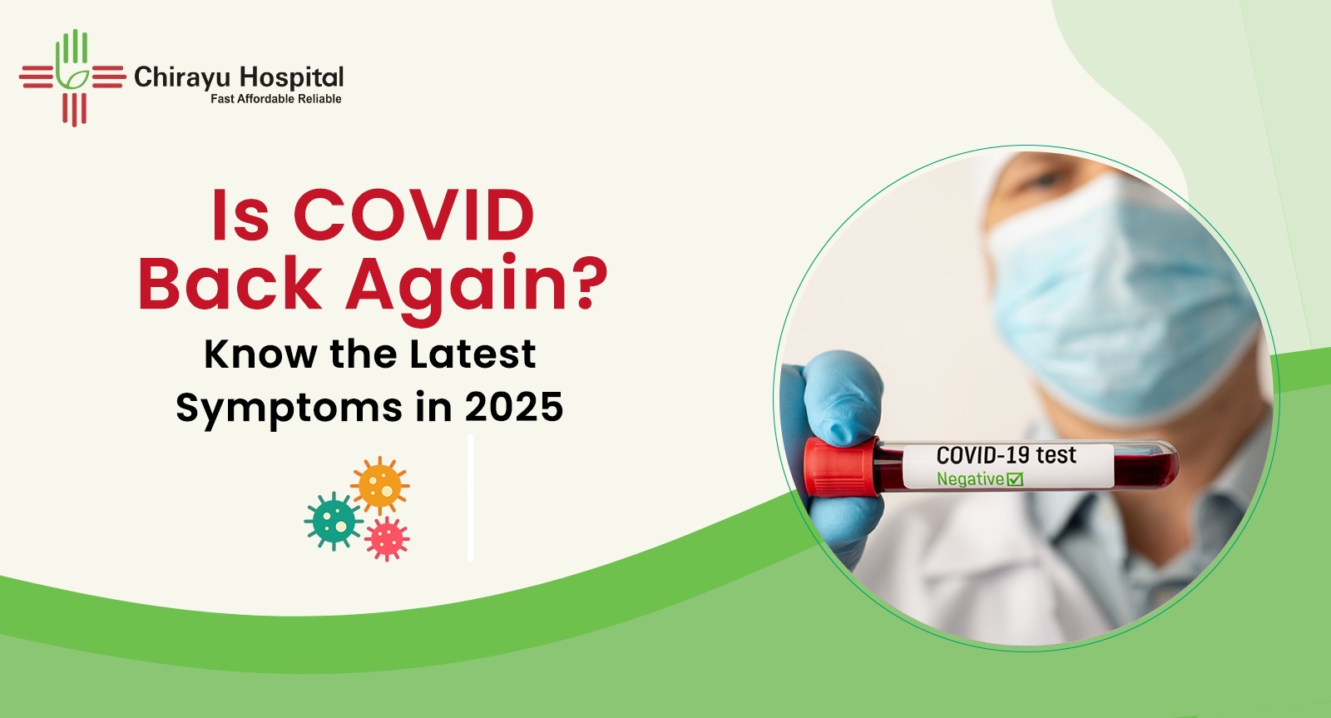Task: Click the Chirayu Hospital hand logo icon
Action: click(73, 77)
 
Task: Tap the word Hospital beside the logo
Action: click(292, 78)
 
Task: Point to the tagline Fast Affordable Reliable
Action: click(275, 99)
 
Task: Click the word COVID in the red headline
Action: click(413, 215)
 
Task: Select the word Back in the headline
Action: click(230, 283)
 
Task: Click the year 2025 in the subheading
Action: click(514, 408)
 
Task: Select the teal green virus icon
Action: click(334, 521)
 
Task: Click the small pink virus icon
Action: click(388, 538)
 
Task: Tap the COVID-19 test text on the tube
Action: click(1006, 456)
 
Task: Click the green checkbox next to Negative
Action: click(1015, 479)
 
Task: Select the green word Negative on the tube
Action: click(970, 479)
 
